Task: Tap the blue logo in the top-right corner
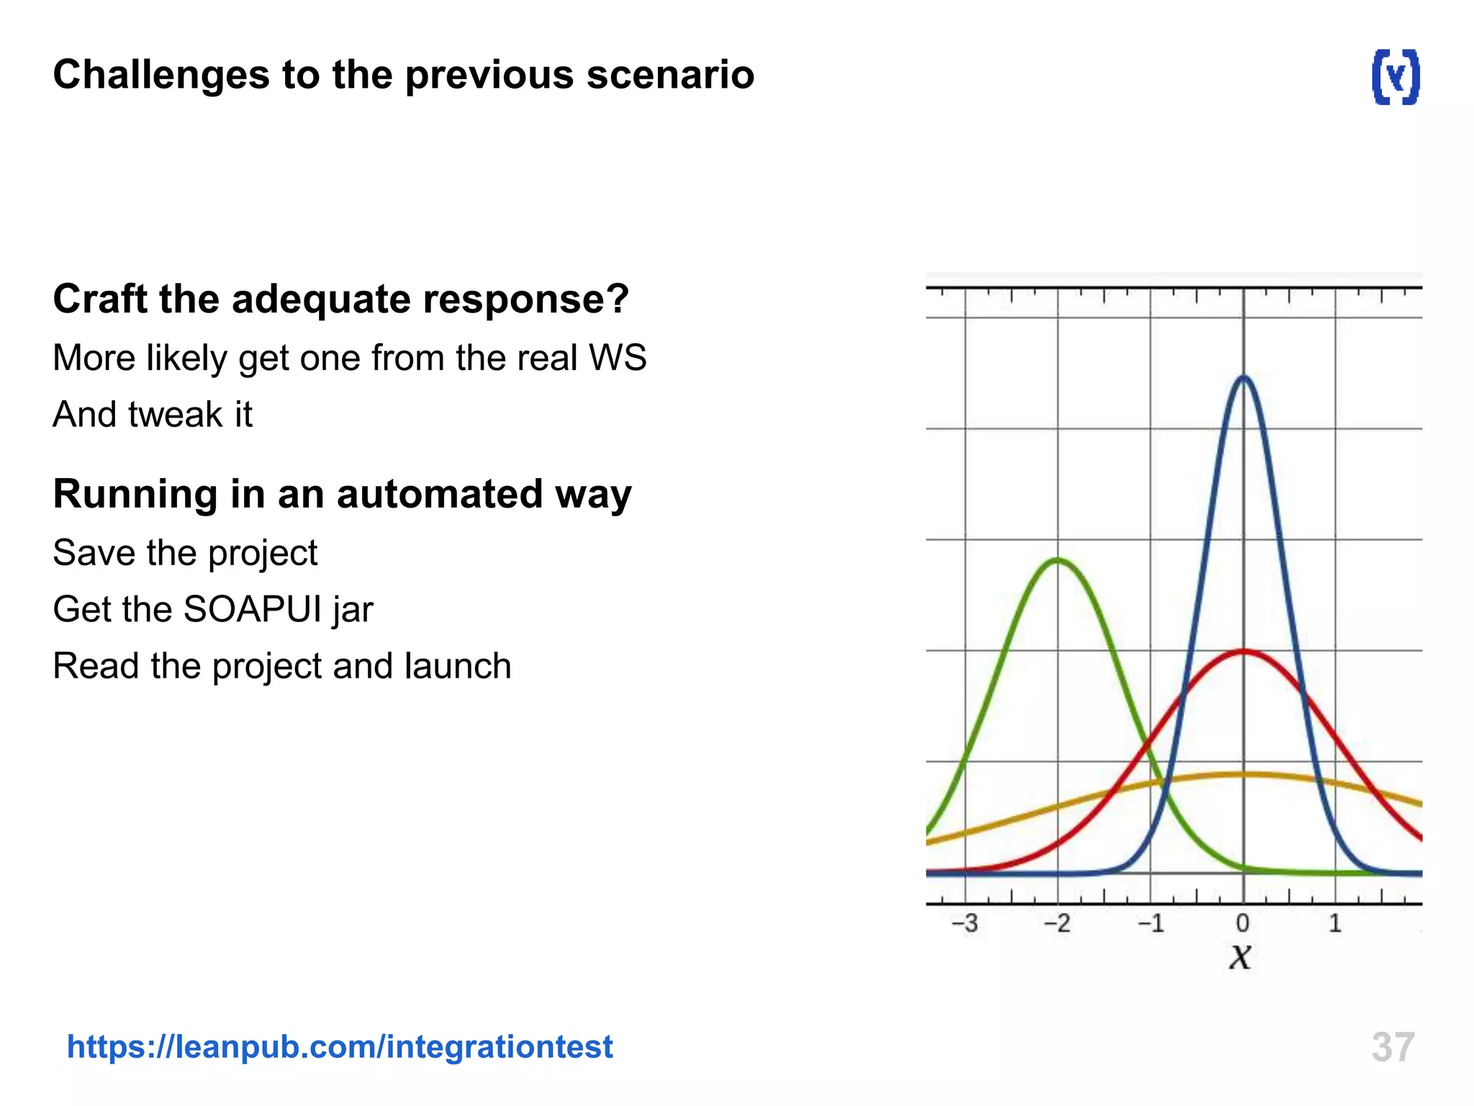(x=1396, y=77)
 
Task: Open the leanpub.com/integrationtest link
(x=340, y=1046)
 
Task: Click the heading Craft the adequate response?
(x=341, y=299)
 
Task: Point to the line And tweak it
(x=153, y=415)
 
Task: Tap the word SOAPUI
(x=253, y=609)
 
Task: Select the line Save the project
(x=185, y=553)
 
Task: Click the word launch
(x=458, y=666)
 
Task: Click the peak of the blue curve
(x=1243, y=377)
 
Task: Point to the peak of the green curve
(x=1057, y=559)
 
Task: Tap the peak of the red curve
(x=1243, y=652)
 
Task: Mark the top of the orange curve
(x=1243, y=774)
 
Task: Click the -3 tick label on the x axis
(x=964, y=923)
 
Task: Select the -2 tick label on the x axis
(x=1057, y=923)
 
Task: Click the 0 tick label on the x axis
(x=1242, y=923)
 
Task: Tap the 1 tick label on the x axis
(x=1335, y=923)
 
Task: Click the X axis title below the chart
(x=1240, y=958)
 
